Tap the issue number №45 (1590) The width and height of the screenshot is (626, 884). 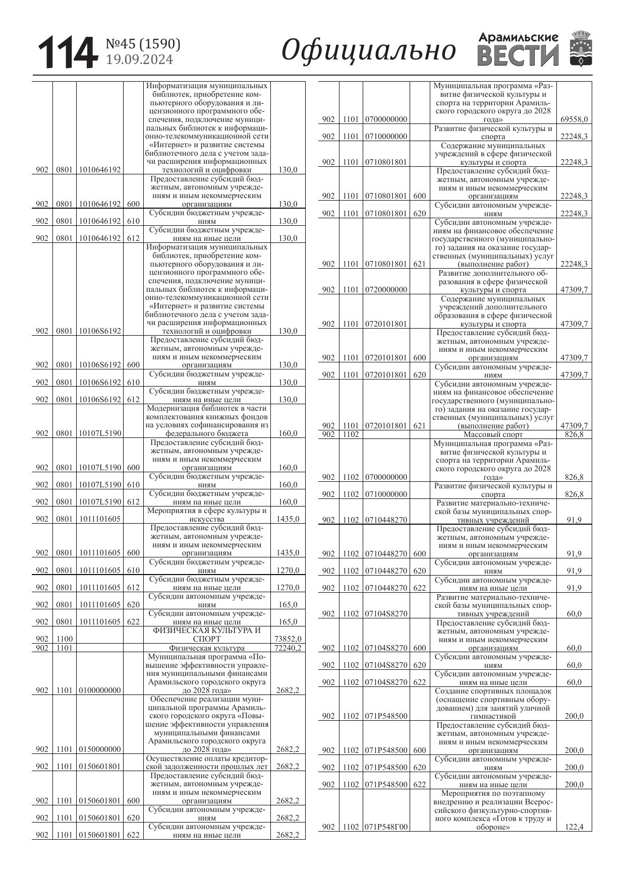(x=143, y=44)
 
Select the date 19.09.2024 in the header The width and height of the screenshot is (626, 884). (x=139, y=60)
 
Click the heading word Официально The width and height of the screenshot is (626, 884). (x=369, y=51)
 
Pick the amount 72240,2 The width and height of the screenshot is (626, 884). (x=288, y=648)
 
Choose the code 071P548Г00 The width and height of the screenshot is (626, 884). (x=386, y=827)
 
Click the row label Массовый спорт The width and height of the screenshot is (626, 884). (x=493, y=434)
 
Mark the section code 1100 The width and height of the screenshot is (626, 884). (x=64, y=639)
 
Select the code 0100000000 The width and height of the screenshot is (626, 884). (x=100, y=690)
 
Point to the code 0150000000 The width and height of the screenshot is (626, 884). (x=100, y=749)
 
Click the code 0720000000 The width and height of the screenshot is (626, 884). (x=386, y=290)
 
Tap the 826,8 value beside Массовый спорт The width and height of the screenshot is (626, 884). (x=574, y=434)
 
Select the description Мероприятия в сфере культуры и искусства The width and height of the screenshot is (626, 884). (x=207, y=515)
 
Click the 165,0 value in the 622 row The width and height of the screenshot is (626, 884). (x=288, y=622)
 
